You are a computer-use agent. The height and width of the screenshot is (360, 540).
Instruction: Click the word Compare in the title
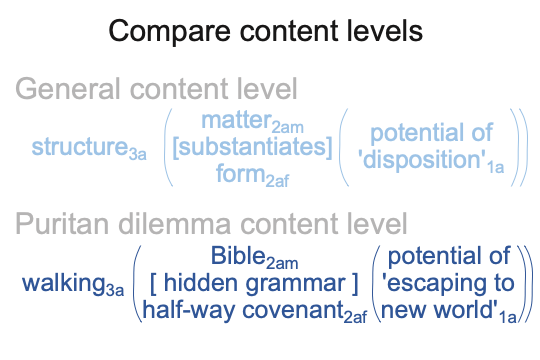(x=169, y=32)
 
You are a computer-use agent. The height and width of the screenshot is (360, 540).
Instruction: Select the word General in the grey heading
(x=68, y=89)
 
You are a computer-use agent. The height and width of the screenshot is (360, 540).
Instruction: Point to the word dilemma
(x=175, y=223)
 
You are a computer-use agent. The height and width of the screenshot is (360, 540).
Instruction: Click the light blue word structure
(x=80, y=146)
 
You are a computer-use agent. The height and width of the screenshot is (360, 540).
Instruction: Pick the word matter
(x=237, y=120)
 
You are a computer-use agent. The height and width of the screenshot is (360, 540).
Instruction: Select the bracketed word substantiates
(x=252, y=147)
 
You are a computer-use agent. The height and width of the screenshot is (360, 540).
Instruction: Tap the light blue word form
(x=241, y=173)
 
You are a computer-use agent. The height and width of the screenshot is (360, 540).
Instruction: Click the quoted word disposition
(x=423, y=159)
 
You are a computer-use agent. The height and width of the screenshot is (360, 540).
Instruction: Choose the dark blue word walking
(x=64, y=284)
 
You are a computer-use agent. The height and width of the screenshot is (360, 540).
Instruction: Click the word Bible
(x=238, y=256)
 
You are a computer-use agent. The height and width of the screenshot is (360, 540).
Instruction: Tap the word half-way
(x=189, y=310)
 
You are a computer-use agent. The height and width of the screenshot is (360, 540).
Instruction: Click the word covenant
(x=293, y=310)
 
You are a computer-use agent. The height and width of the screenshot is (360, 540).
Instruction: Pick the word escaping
(x=433, y=284)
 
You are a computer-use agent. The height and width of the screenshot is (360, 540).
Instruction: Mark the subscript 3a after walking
(x=115, y=290)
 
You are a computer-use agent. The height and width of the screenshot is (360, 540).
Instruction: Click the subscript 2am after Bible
(x=282, y=264)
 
